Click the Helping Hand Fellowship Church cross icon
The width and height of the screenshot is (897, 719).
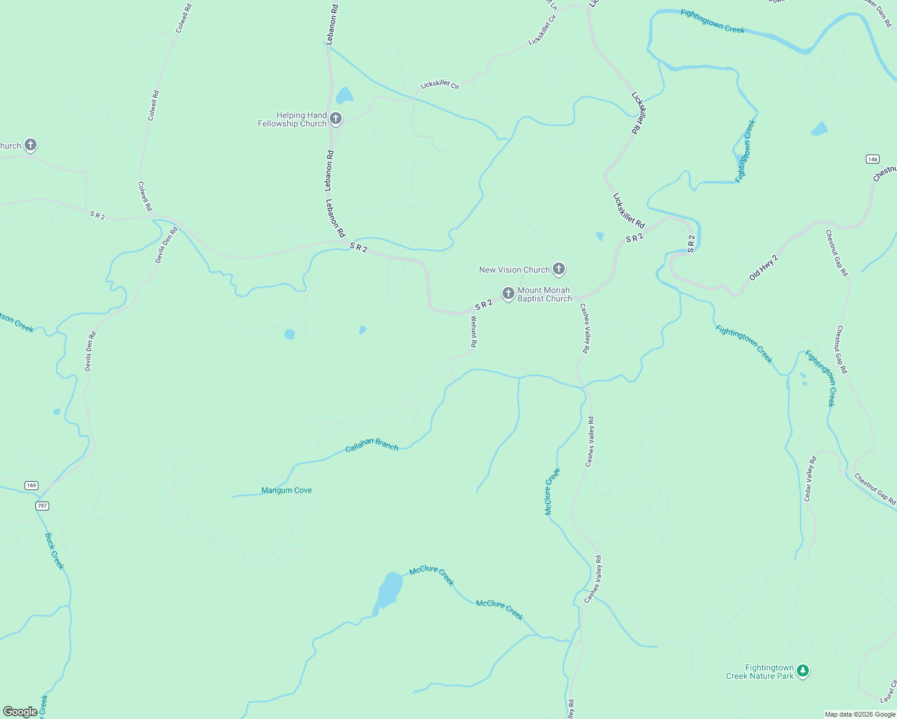[x=336, y=118]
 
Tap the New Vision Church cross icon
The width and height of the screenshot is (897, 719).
[x=559, y=269]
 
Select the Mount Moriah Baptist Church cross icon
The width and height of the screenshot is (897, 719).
[x=508, y=293]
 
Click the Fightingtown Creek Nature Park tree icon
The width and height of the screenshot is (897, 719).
[x=803, y=671]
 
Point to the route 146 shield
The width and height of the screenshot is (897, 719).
[x=872, y=159]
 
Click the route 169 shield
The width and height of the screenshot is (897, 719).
[x=31, y=485]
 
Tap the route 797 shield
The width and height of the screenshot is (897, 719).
[x=42, y=506]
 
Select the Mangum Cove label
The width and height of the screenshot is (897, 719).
[x=287, y=490]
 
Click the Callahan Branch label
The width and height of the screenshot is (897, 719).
[x=372, y=444]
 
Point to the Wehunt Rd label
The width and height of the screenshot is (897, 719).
[x=473, y=331]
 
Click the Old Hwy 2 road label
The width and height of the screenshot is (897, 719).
[x=763, y=268]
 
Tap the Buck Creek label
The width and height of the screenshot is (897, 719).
[x=55, y=551]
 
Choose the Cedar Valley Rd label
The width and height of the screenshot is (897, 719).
[x=810, y=479]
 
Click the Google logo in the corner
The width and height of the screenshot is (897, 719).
[x=20, y=712]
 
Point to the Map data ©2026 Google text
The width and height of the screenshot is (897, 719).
[x=860, y=714]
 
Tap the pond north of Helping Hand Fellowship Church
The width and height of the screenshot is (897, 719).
[x=344, y=95]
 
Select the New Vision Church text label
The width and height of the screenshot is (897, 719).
[x=514, y=270]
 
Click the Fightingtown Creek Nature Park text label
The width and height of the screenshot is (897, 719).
[x=760, y=672]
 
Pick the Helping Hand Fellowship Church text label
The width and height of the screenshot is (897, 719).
[x=292, y=119]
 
